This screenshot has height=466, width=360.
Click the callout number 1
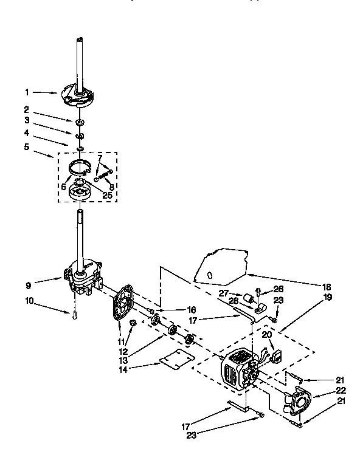(27, 92)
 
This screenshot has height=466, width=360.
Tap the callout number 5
(27, 146)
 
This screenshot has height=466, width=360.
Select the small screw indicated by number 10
(73, 314)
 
